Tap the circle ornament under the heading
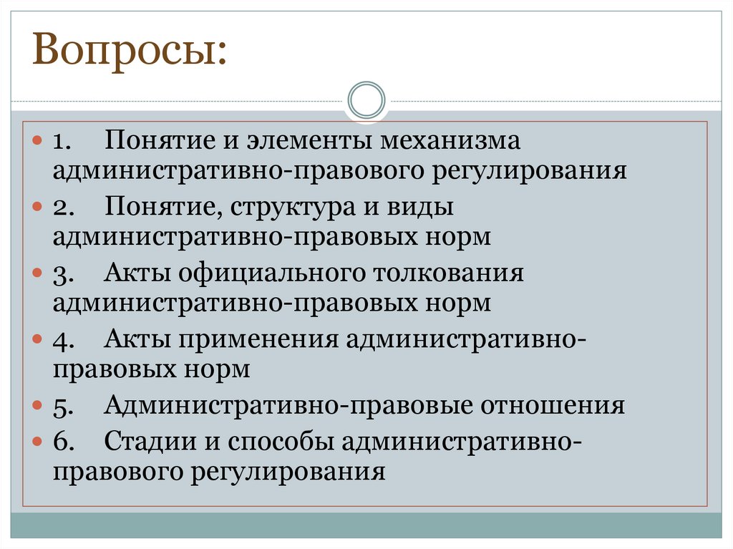pos(366,100)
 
